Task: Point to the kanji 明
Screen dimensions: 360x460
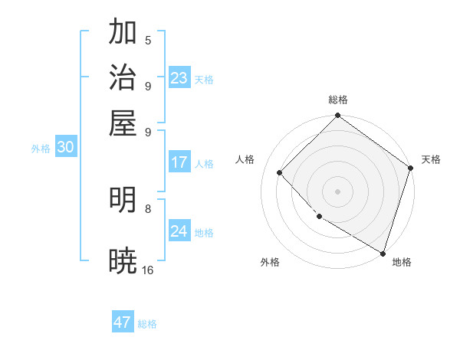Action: pos(123,200)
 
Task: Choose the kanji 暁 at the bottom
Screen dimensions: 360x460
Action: pos(123,261)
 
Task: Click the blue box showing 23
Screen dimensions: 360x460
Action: pos(179,78)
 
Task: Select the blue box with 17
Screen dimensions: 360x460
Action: pos(179,162)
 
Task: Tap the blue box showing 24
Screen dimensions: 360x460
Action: pos(179,231)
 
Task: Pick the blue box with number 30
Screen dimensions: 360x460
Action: pos(65,148)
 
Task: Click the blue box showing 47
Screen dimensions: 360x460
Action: pos(123,322)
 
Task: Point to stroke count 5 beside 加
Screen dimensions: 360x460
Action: pos(148,41)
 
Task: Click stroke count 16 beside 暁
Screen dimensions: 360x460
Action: pos(148,270)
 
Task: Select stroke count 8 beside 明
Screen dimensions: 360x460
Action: pos(148,208)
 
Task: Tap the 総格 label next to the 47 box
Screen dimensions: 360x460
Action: pos(147,324)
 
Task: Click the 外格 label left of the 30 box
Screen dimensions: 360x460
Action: pos(41,149)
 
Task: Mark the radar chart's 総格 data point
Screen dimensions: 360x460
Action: pos(337,116)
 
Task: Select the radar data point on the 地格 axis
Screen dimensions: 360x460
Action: pos(382,252)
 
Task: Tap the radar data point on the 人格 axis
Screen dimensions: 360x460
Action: pos(280,172)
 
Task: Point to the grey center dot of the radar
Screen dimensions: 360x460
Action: pos(337,191)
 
